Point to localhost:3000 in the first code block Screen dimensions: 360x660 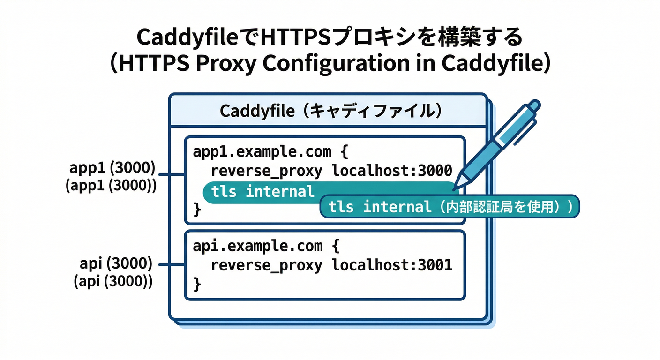392,171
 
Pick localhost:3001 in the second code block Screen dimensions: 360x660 392,265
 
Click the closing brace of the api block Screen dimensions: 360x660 197,284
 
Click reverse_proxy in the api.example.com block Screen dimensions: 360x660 266,265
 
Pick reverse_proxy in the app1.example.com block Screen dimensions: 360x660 266,171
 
